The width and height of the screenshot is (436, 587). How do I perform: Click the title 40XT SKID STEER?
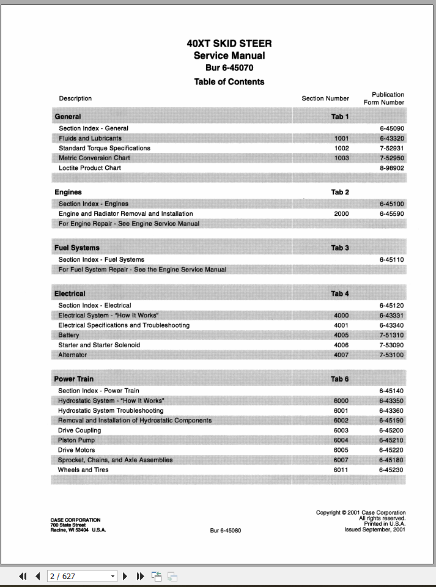point(229,43)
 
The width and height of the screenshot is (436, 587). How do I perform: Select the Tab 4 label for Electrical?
point(340,293)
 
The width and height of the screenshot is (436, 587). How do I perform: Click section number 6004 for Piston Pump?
point(341,440)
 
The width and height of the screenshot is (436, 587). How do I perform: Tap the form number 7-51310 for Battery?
point(391,335)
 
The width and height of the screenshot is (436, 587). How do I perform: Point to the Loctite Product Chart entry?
point(90,168)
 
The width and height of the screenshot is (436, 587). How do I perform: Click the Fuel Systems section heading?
point(77,248)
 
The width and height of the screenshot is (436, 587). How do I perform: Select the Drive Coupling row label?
point(79,430)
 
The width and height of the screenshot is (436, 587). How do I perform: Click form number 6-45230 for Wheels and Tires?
point(391,470)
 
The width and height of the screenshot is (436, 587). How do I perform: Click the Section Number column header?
point(325,98)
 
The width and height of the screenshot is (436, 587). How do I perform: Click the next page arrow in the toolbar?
point(125,576)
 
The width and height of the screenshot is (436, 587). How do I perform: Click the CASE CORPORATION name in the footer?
point(75,520)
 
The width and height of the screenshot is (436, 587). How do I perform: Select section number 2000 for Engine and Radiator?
point(341,213)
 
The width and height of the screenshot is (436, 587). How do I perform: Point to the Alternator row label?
point(73,355)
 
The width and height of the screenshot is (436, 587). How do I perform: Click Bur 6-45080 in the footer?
point(226,530)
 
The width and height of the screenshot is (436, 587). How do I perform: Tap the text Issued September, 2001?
point(374,530)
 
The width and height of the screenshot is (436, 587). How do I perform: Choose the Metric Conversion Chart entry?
point(94,158)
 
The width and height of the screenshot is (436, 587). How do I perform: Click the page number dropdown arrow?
point(113,576)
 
